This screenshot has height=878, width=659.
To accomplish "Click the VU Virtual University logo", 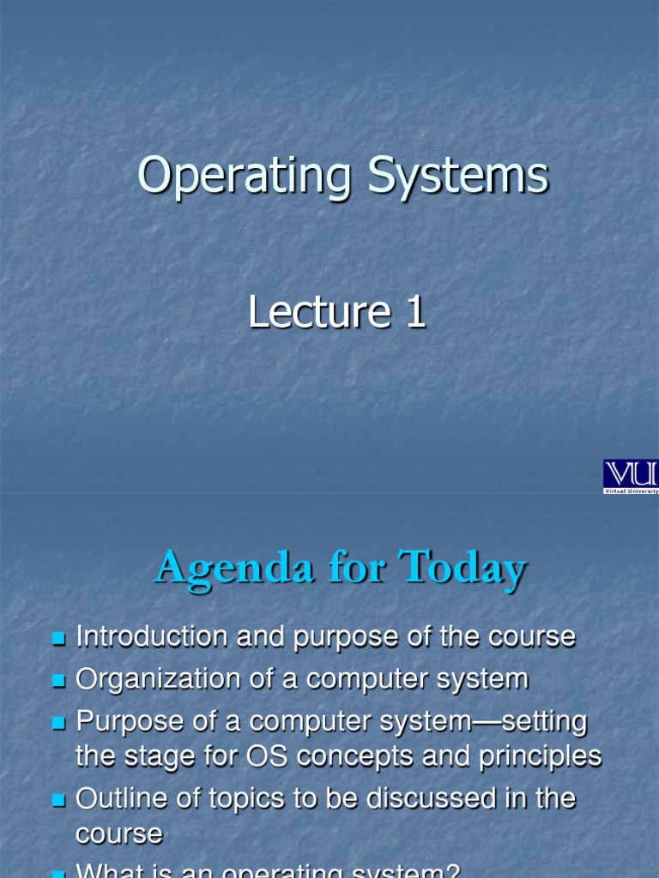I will click(x=631, y=476).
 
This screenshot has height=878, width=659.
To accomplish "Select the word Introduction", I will click(x=151, y=637).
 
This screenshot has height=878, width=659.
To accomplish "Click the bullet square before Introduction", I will click(x=58, y=639).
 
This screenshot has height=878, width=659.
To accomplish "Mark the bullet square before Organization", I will click(x=58, y=681).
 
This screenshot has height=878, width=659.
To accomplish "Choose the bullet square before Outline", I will click(x=58, y=801).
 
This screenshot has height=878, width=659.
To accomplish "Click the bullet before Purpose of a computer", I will click(x=58, y=724).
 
